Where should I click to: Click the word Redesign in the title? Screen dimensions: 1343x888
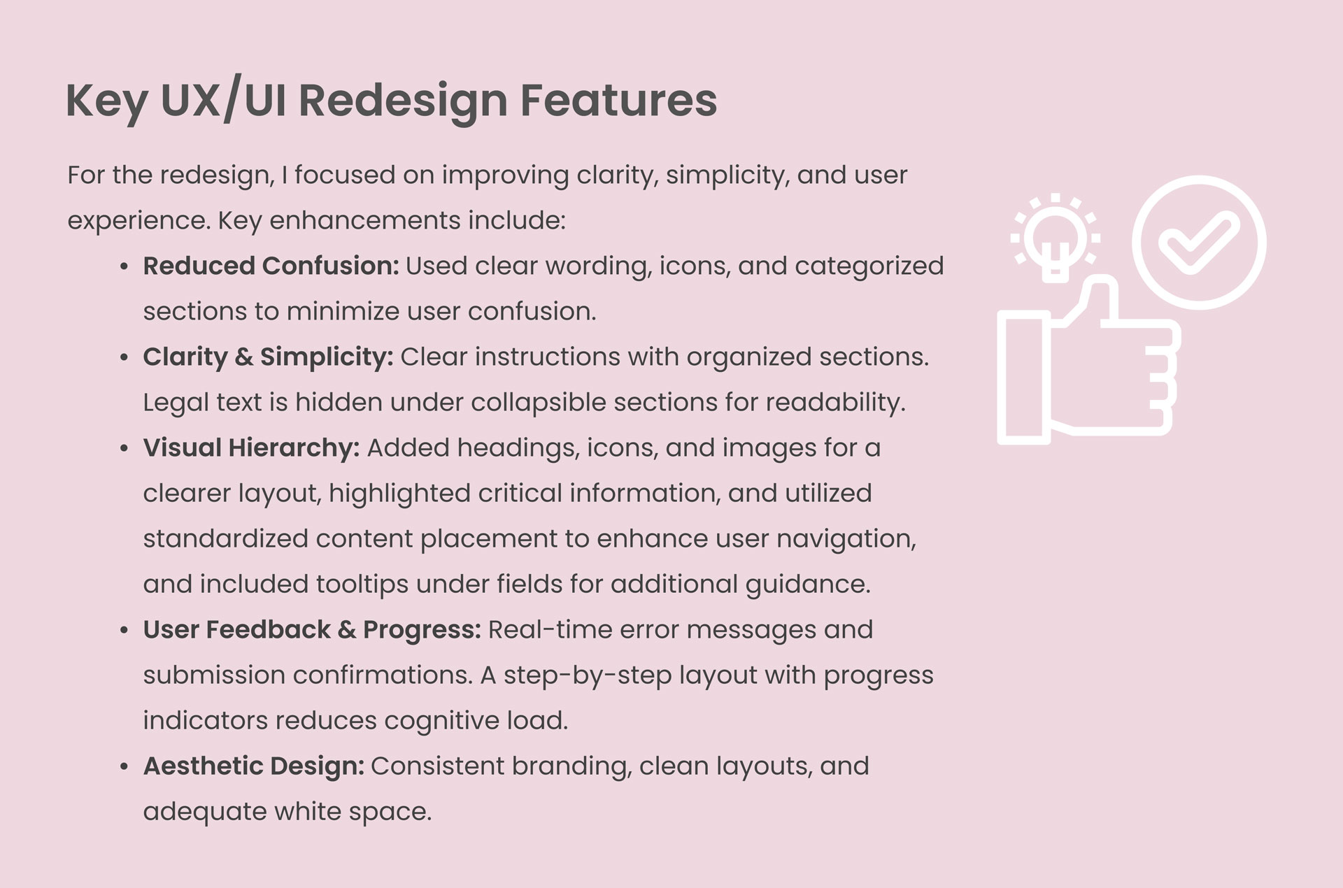coord(403,101)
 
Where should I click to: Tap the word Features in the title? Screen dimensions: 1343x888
coord(619,99)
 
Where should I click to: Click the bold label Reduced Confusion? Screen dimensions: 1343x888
coord(271,266)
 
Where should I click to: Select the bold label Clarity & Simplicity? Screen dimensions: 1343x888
coord(269,357)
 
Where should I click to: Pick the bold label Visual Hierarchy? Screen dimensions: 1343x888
coord(252,448)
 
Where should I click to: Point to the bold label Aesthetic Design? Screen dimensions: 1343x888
coord(254,766)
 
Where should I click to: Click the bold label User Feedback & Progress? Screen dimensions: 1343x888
coord(312,630)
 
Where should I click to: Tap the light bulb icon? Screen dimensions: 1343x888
coord(1056,238)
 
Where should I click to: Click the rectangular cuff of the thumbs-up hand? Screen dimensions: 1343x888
coord(1024,378)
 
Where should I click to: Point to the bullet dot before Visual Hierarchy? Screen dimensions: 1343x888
coord(124,449)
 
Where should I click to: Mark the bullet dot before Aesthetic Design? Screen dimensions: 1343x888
coord(124,767)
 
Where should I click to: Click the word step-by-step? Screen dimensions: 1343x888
coord(588,675)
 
